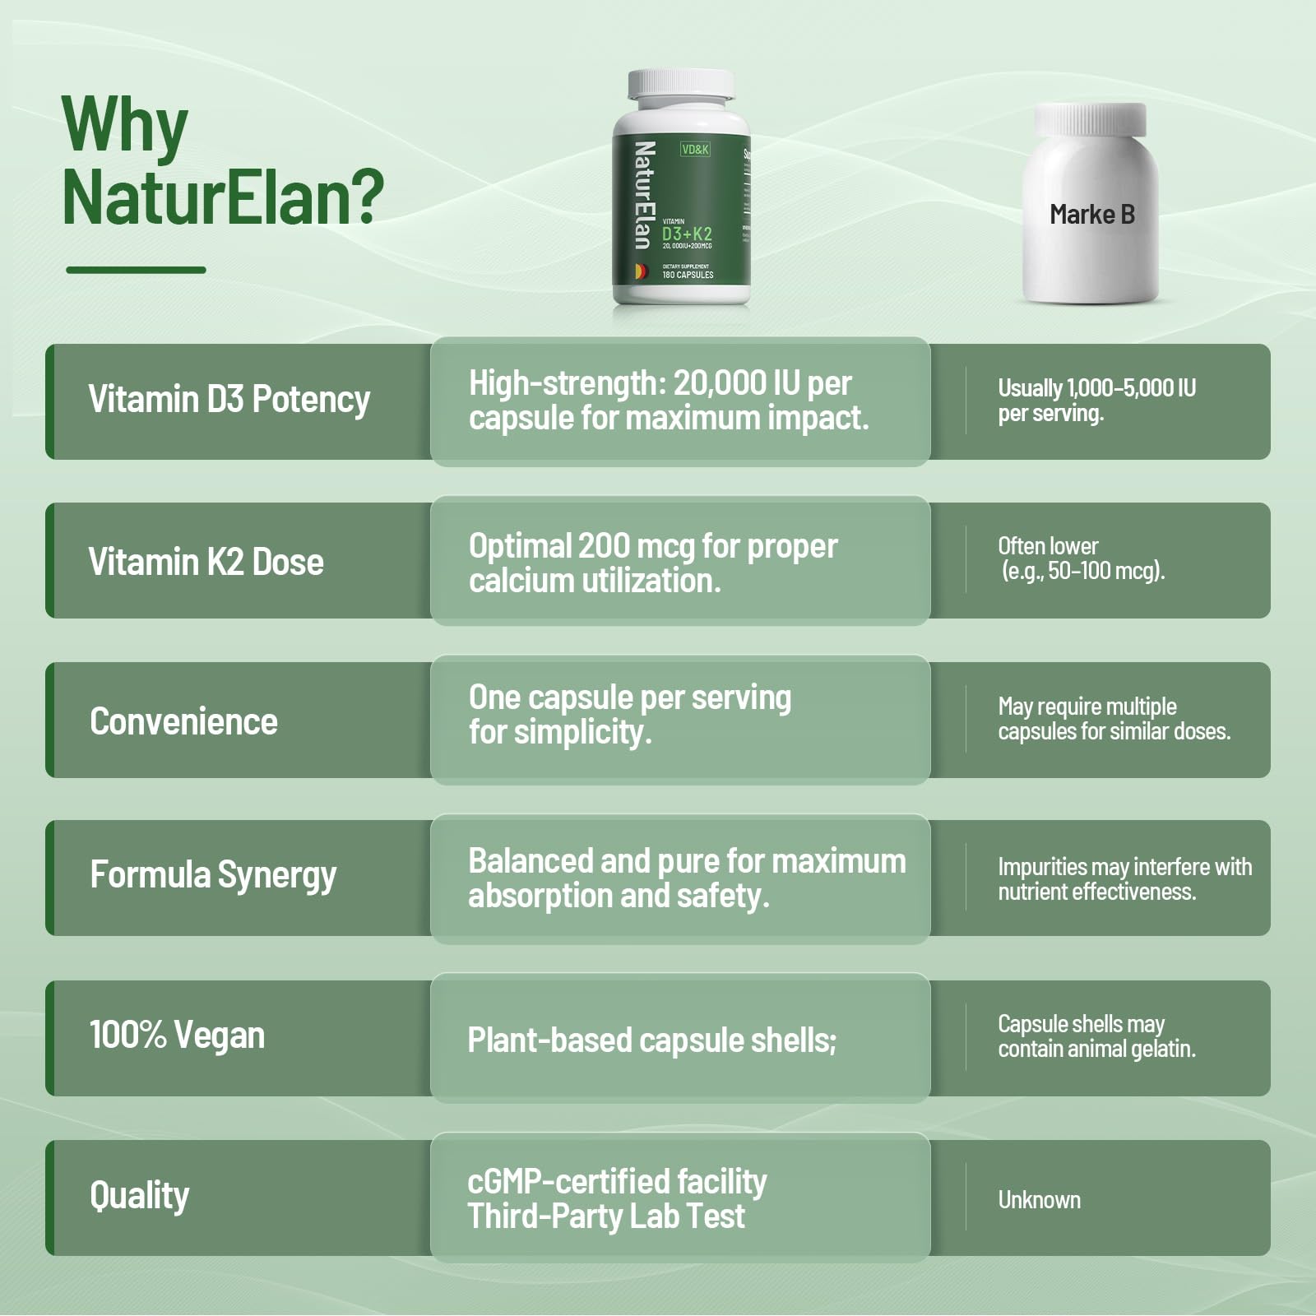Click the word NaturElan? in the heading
(222, 197)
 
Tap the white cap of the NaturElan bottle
(681, 86)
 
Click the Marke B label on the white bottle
(1091, 215)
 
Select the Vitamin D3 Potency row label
(229, 400)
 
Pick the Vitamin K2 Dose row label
(206, 563)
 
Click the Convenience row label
(183, 722)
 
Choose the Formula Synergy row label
(213, 875)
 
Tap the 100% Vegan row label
(177, 1036)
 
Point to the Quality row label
(139, 1196)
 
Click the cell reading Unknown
(1039, 1200)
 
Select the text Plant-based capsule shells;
(651, 1040)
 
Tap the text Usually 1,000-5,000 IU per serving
(1096, 401)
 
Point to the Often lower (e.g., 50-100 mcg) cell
(1081, 558)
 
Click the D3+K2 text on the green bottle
(687, 234)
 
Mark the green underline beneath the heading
(136, 270)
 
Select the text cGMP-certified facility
(617, 1182)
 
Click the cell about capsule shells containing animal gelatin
(1096, 1036)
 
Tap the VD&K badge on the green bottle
(695, 150)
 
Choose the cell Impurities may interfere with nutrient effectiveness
(1124, 879)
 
